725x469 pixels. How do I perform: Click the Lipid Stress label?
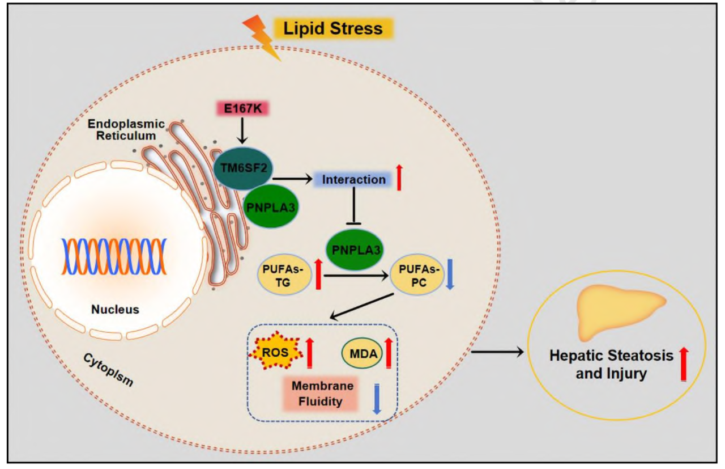[333, 28]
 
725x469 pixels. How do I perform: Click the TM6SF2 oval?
[242, 168]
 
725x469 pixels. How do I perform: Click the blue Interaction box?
[353, 180]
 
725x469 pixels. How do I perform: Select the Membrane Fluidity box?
[322, 394]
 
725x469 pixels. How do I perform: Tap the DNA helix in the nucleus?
[114, 256]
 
